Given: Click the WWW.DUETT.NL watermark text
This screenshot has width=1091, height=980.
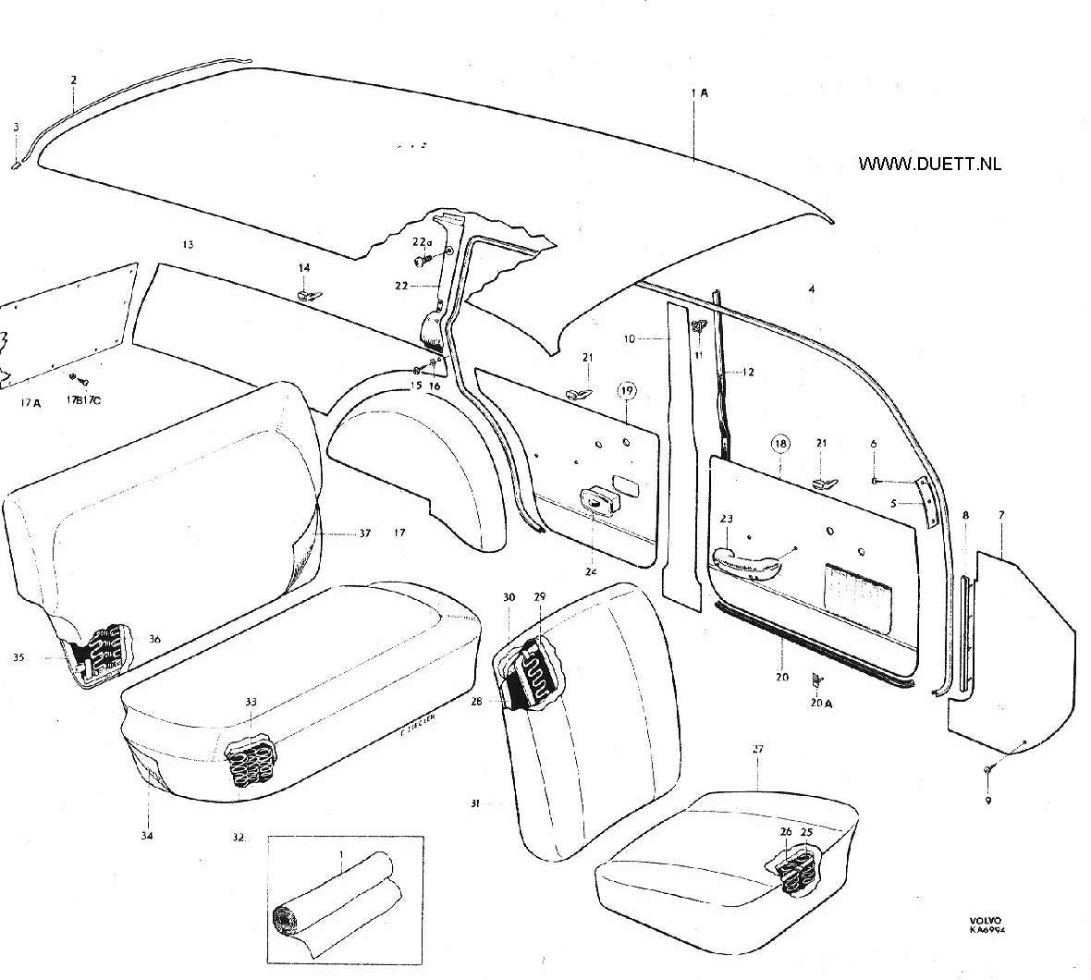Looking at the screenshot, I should tap(929, 165).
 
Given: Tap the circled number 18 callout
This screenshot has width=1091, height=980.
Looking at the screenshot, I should tap(781, 444).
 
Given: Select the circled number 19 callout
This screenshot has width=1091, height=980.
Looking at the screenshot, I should tap(628, 391).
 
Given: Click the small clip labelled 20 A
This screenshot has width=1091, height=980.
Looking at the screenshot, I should tap(815, 680).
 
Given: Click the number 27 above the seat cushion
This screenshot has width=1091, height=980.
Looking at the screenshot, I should tap(757, 750).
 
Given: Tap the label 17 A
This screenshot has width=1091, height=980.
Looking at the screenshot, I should tap(31, 403).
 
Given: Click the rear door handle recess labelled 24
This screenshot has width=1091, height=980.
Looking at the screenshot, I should tap(596, 501).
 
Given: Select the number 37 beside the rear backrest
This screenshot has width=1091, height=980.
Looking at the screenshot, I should tap(364, 533).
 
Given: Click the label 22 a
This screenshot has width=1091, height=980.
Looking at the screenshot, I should tap(421, 242).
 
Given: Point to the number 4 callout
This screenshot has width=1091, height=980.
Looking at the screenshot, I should tap(811, 289).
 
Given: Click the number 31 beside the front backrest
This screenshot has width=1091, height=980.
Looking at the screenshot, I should tap(475, 803).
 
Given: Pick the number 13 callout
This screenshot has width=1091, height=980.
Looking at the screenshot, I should tap(188, 245).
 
